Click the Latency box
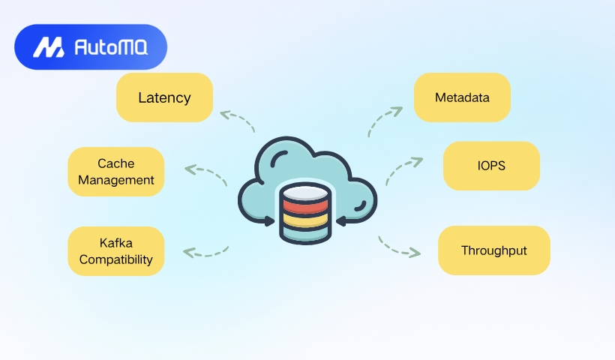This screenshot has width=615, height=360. tap(164, 97)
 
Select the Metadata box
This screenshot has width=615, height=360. tap(462, 97)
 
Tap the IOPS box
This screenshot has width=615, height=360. tap(491, 166)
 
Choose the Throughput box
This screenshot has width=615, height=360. tap(493, 250)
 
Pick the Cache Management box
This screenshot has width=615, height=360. tap(115, 172)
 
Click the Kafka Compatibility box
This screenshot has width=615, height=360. tap(115, 251)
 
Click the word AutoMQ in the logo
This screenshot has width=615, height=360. tap(111, 48)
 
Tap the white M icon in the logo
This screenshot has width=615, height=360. tap(49, 48)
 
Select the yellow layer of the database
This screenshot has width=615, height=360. tap(304, 221)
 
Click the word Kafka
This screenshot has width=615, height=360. tap(115, 243)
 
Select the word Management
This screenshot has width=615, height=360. tap(116, 180)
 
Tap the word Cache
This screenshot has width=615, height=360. tap(115, 163)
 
